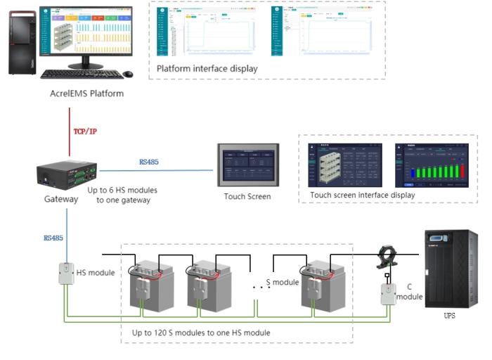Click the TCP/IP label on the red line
pyautogui.click(x=85, y=131)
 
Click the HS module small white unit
pyautogui.click(x=67, y=274)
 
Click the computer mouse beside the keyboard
pyautogui.click(x=127, y=75)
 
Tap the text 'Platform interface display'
pyautogui.click(x=207, y=69)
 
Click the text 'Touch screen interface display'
pyautogui.click(x=362, y=195)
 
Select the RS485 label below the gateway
pyautogui.click(x=53, y=238)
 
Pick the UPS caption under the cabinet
pyautogui.click(x=449, y=316)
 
